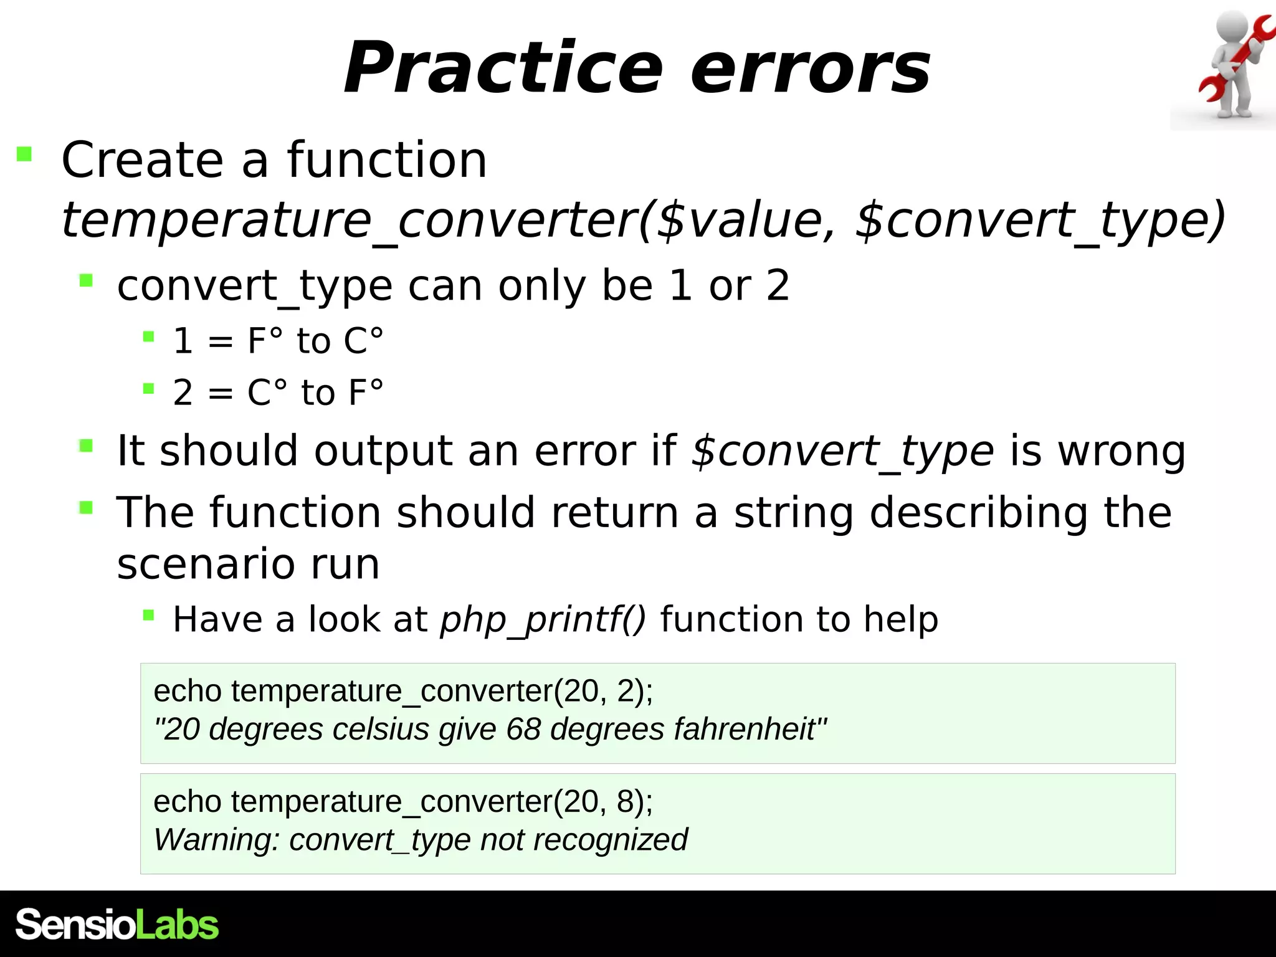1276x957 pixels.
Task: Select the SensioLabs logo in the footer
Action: pos(117,925)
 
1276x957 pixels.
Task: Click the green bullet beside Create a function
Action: pos(24,154)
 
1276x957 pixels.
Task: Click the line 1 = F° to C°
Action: pos(278,341)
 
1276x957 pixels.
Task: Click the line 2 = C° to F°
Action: pos(278,393)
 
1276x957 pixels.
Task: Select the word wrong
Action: pos(1121,451)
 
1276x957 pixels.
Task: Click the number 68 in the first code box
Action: pos(523,729)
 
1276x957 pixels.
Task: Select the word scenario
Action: pos(206,564)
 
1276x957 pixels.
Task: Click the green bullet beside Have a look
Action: pos(148,616)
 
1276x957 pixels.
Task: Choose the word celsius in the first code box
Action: pos(380,729)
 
